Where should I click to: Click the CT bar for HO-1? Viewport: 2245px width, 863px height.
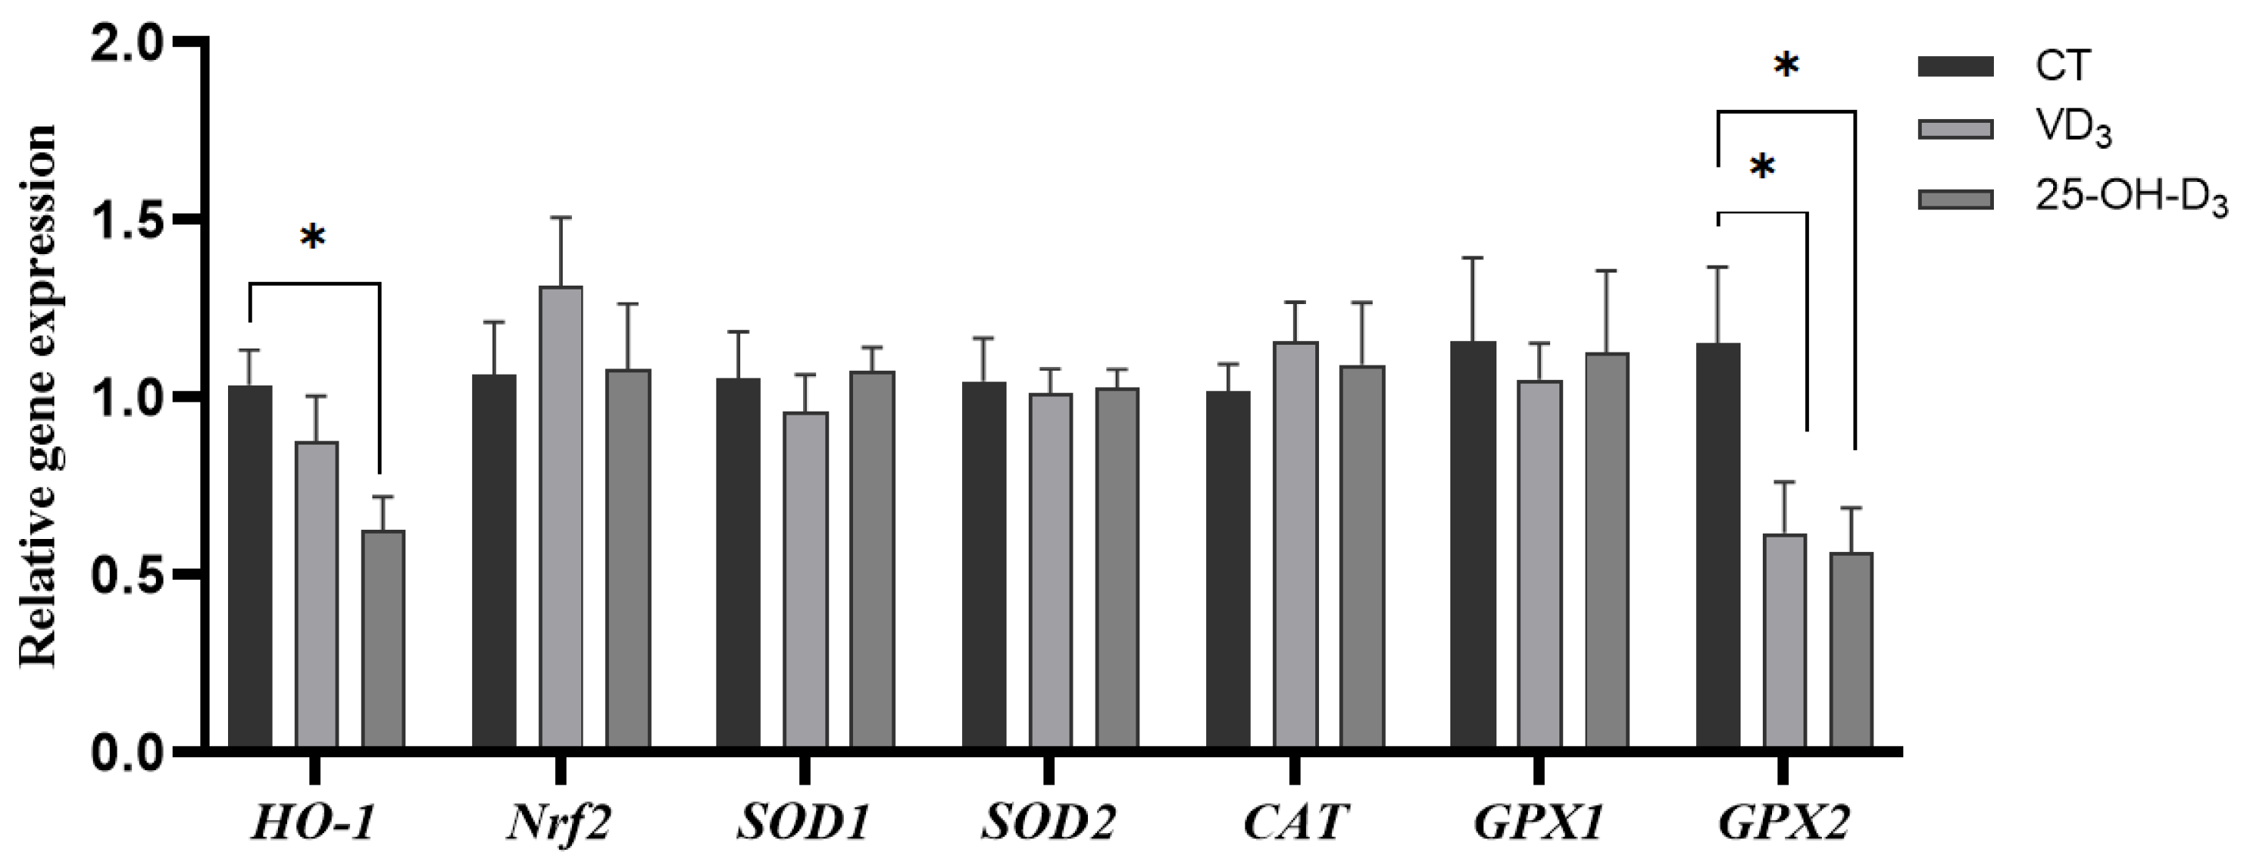[250, 567]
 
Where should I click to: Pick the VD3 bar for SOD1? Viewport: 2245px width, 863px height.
[806, 580]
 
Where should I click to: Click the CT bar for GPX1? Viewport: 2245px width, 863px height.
[1473, 545]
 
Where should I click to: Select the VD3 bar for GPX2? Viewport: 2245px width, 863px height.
[1785, 640]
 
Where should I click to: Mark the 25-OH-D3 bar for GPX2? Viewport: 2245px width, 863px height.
[1851, 650]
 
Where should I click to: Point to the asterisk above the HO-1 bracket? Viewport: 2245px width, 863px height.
[312, 236]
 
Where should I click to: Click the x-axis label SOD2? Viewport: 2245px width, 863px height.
[1050, 823]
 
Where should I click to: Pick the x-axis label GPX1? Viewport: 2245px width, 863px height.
[1539, 823]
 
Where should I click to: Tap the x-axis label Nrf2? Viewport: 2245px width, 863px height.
[560, 823]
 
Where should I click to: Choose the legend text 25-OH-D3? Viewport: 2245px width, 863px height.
[2131, 200]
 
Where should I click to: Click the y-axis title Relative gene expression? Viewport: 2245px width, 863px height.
[39, 397]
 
